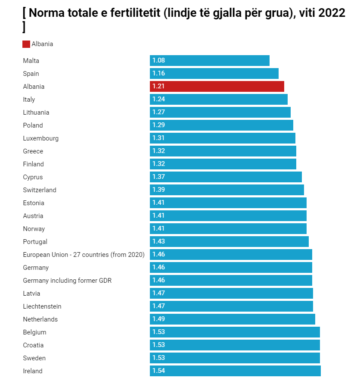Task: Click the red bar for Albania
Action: [x=217, y=87]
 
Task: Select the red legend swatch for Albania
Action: [x=26, y=44]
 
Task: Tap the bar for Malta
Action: [x=210, y=61]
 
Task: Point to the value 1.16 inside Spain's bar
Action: [x=158, y=74]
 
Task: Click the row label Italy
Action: [x=29, y=100]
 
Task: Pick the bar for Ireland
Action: [x=235, y=371]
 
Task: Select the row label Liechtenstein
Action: [x=42, y=306]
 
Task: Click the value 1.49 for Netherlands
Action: [x=158, y=319]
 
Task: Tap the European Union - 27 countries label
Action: [x=84, y=255]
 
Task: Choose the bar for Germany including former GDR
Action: [x=231, y=281]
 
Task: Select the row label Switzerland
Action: [x=40, y=190]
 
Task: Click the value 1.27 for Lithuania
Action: [x=158, y=112]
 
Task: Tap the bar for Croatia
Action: [x=235, y=345]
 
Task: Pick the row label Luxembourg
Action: [x=41, y=138]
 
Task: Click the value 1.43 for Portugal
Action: [x=158, y=242]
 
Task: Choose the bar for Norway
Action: [x=228, y=229]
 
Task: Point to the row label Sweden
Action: [x=34, y=358]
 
